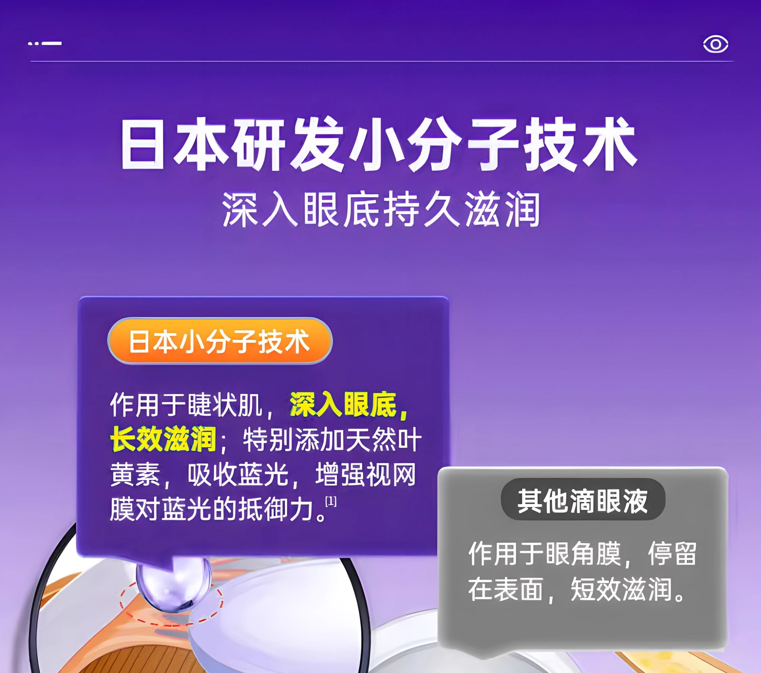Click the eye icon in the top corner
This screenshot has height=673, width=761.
point(715,44)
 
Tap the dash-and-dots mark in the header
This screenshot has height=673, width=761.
point(45,44)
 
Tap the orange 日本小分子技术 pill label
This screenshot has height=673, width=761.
point(220,341)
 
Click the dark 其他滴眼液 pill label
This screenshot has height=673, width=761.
point(583,500)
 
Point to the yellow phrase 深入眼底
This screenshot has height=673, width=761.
point(343,404)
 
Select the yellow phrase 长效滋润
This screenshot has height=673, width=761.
point(163,439)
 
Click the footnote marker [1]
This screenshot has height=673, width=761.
point(330,502)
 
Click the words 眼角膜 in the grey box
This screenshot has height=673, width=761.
point(583,554)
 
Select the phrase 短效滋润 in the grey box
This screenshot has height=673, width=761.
point(622,589)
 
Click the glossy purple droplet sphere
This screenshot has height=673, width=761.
point(174,584)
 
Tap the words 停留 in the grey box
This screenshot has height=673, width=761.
point(672,554)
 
